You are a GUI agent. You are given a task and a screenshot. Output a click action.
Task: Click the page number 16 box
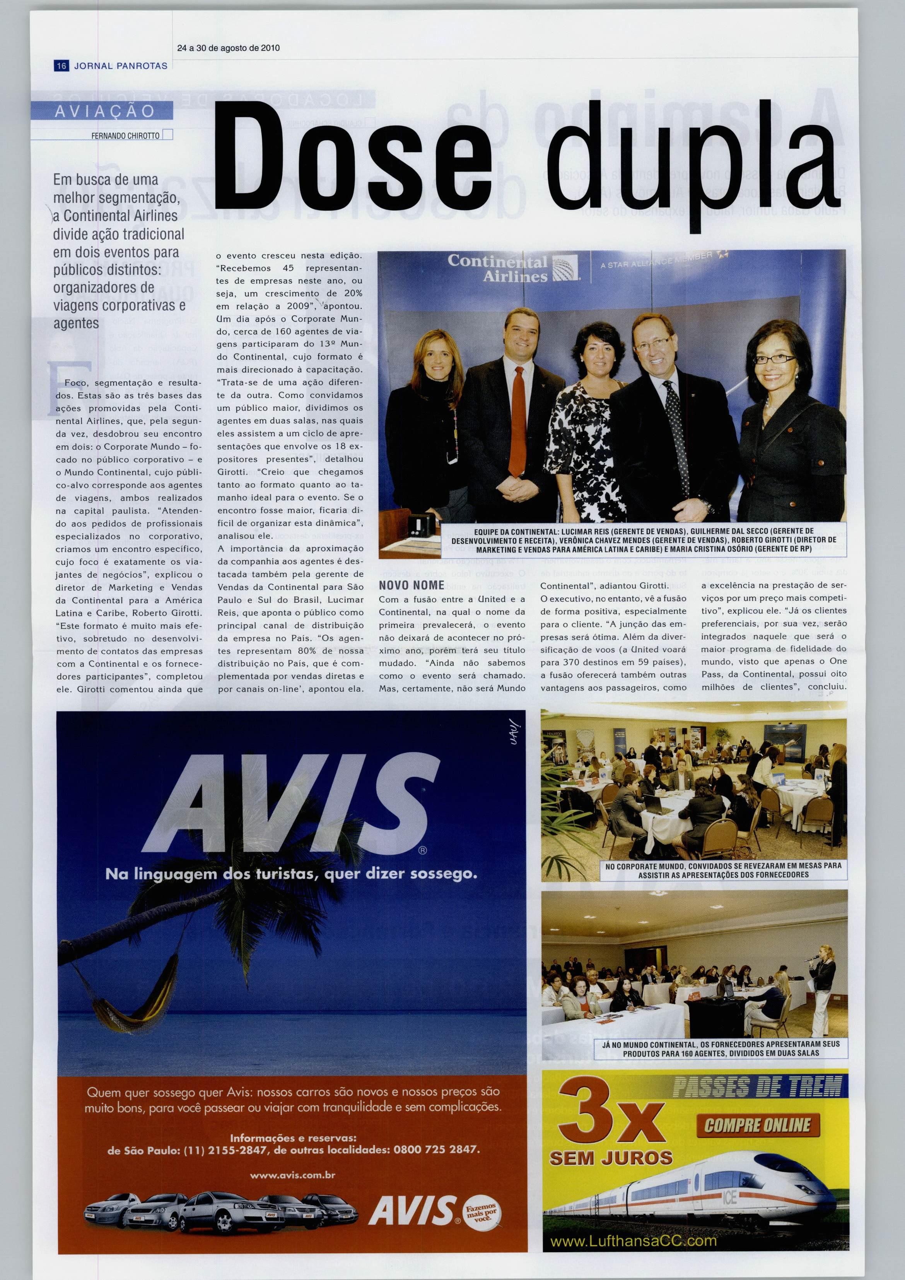61,66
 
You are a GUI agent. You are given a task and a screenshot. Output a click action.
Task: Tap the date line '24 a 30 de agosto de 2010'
228,48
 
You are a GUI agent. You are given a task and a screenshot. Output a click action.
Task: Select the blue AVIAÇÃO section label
104,111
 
